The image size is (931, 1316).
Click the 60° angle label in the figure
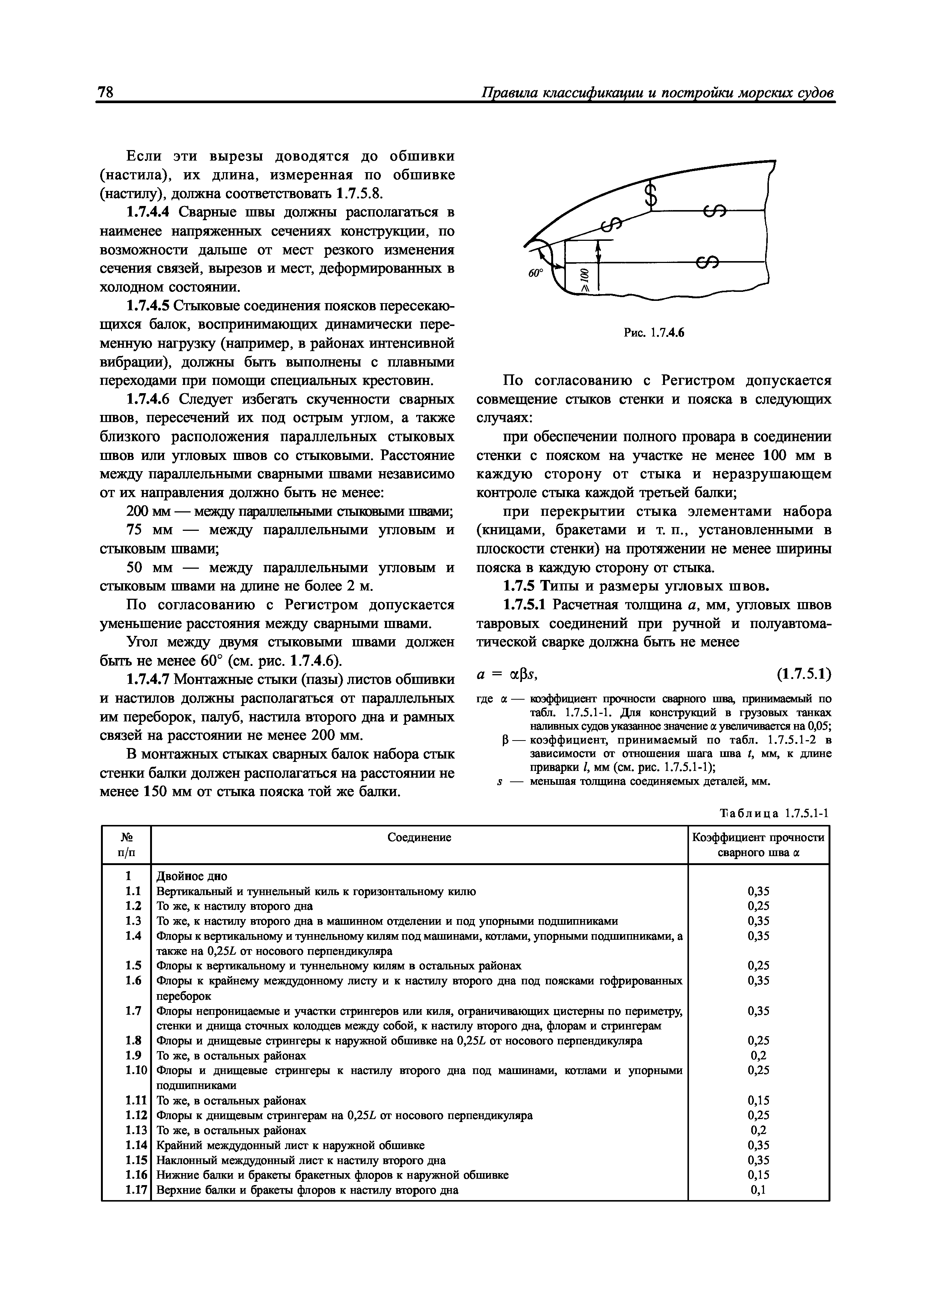(534, 273)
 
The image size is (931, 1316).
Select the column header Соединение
(419, 837)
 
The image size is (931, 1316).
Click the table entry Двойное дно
(191, 876)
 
